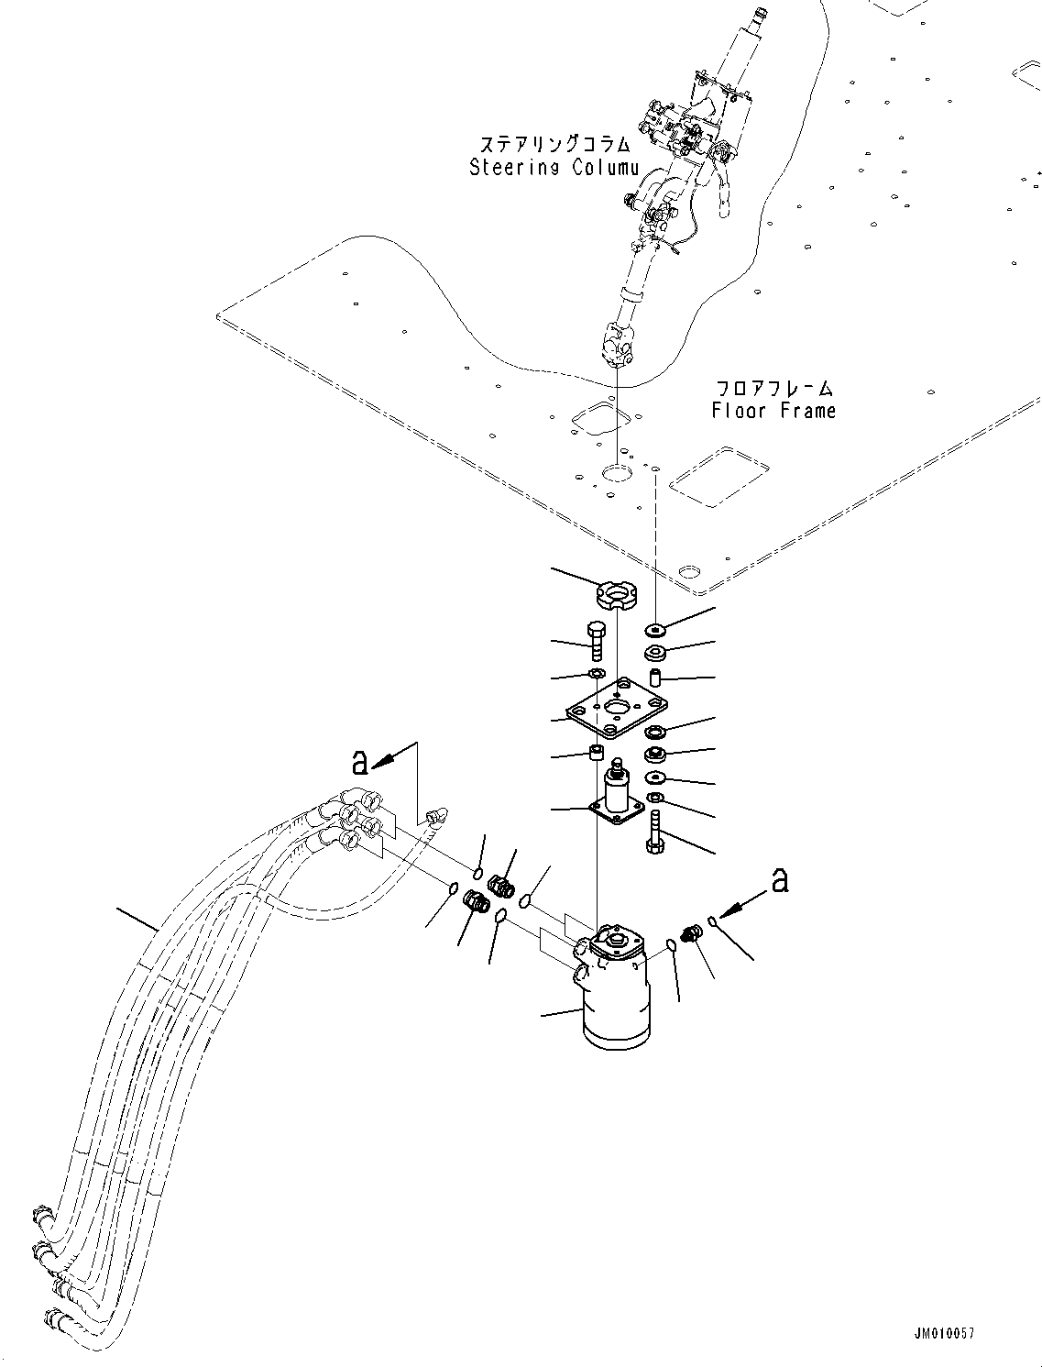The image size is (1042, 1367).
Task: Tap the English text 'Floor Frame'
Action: click(773, 411)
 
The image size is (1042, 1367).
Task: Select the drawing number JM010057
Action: click(943, 1334)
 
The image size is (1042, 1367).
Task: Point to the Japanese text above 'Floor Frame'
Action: click(774, 388)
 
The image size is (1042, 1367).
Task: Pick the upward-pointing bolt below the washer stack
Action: click(654, 832)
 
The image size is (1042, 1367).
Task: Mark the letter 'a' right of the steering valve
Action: click(779, 880)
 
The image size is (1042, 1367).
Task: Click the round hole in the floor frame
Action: click(616, 473)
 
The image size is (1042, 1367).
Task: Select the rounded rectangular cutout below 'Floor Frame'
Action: click(718, 477)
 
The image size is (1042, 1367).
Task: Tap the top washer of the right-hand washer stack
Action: click(655, 631)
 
